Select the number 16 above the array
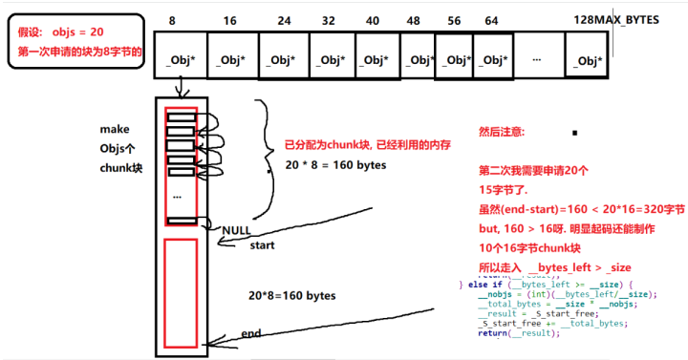tap(229, 20)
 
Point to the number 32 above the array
tap(328, 20)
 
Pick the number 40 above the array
tap(373, 20)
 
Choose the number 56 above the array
tap(454, 20)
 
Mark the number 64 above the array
tap(490, 20)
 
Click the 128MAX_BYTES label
tap(615, 20)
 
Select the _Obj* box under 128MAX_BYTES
tap(588, 59)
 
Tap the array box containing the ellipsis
tap(539, 58)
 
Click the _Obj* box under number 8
tap(181, 59)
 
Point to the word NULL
tap(236, 231)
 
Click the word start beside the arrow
tap(262, 246)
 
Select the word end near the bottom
tap(252, 334)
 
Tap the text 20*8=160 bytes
tap(292, 296)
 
